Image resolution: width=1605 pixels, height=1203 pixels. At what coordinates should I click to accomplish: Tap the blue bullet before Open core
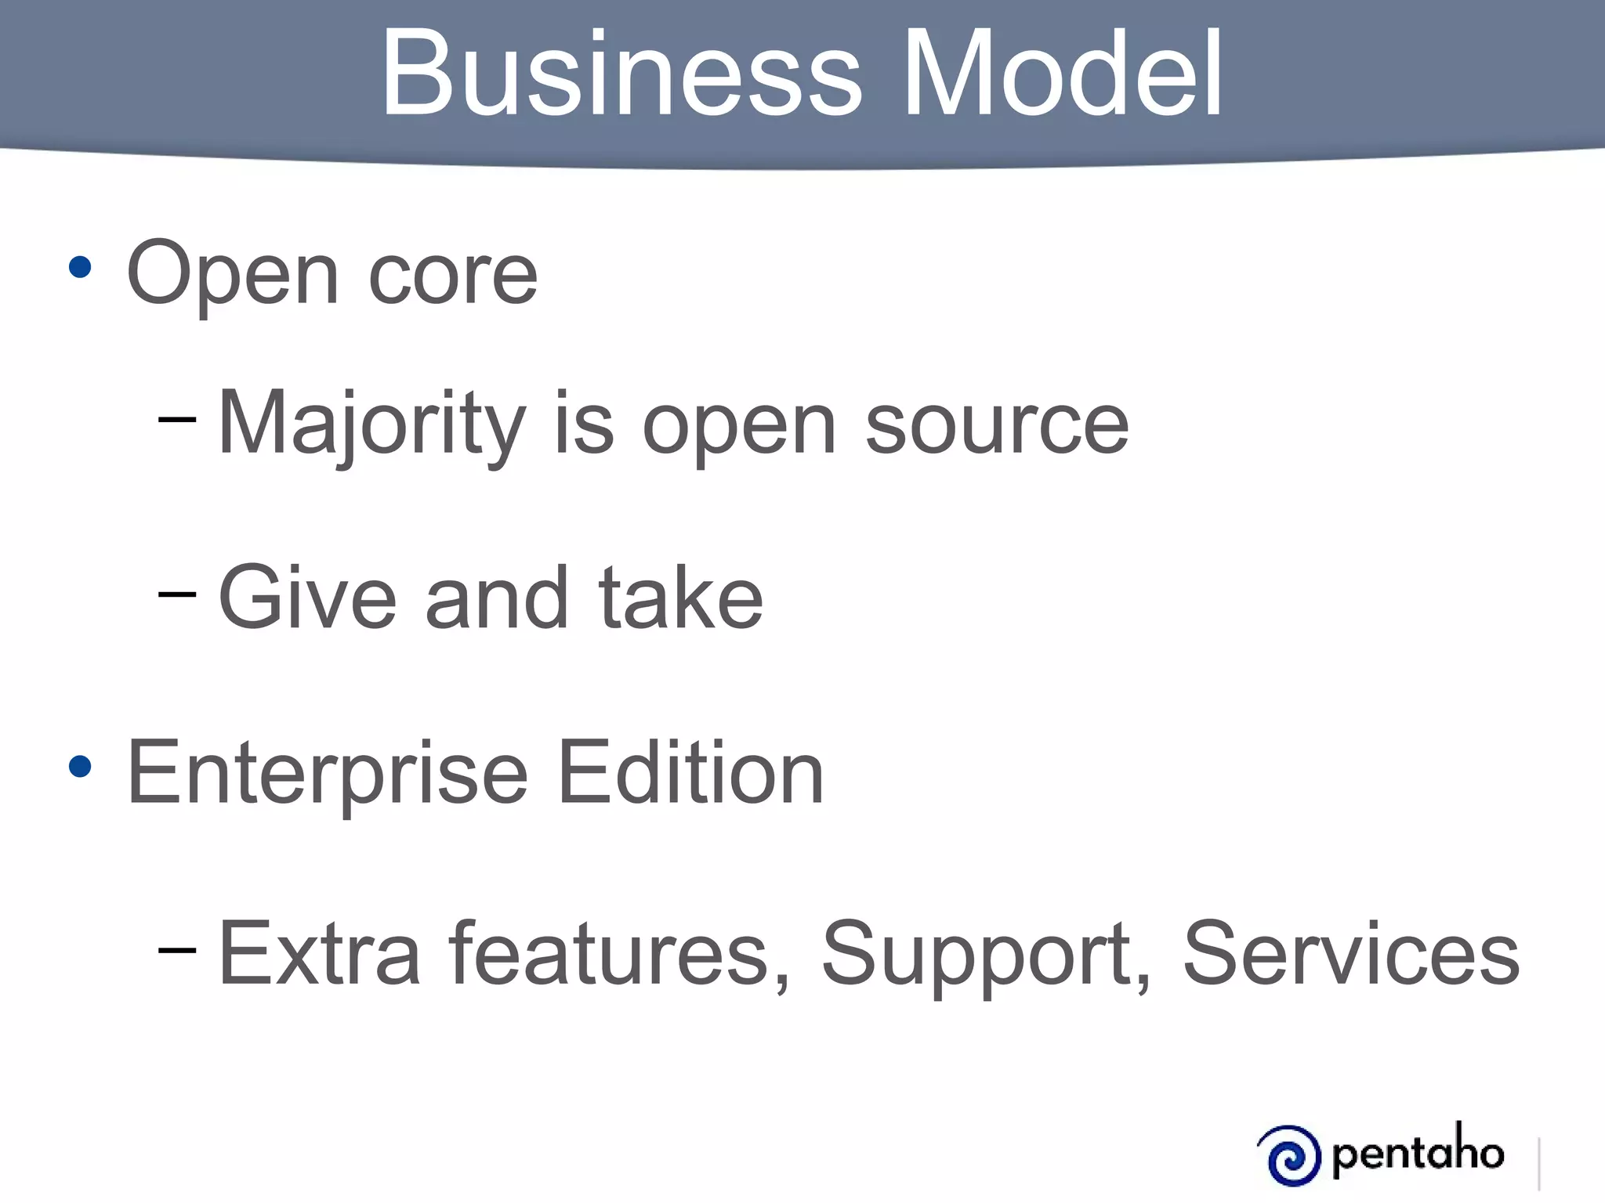tap(80, 268)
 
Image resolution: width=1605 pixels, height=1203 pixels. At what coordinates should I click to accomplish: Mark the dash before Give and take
tap(176, 594)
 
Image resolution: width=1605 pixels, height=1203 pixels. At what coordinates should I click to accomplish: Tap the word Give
tap(307, 598)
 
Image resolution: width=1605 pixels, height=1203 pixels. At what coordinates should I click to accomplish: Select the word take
tap(680, 598)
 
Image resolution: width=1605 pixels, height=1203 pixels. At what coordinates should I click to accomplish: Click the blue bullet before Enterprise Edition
tap(80, 767)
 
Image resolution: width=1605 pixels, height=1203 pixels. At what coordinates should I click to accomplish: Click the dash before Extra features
tap(176, 950)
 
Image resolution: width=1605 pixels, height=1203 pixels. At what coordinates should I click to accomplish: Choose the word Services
tap(1351, 954)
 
